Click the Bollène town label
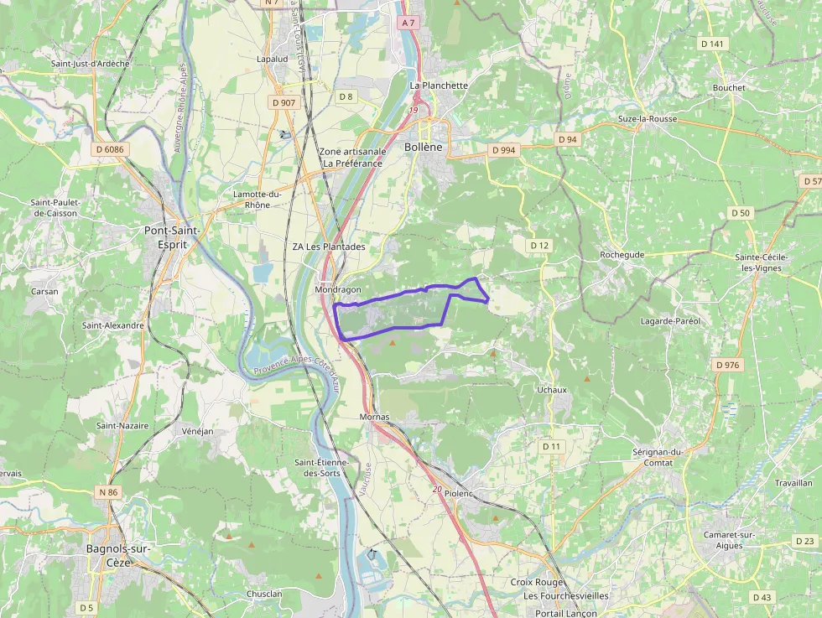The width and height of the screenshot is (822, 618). pos(422,147)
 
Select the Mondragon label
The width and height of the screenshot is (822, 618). pos(337,289)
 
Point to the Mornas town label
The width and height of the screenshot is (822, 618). pos(374,416)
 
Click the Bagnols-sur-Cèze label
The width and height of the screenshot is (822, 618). pos(118,555)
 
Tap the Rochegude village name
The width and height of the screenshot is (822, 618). pos(622,254)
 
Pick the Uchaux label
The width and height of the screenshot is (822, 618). pos(552,390)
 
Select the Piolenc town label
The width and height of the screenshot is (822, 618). pos(460,494)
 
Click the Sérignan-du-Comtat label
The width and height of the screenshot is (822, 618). pos(660,457)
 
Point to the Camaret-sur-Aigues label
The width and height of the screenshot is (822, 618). pos(731,541)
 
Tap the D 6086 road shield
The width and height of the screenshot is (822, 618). pos(110,149)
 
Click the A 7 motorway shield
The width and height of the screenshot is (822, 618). pos(408,23)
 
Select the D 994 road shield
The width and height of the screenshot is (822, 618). pos(503,149)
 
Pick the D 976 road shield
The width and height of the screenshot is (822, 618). pos(728,365)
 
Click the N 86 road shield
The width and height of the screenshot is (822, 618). pos(107,491)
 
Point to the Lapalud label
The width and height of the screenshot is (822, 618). pos(272,60)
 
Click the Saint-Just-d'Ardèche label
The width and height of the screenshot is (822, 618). pos(90,63)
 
